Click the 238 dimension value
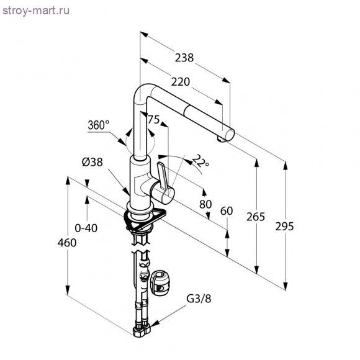(184, 58)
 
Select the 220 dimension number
(181, 82)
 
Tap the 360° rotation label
(99, 125)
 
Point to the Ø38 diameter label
(92, 163)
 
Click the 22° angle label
(200, 161)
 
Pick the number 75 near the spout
(153, 120)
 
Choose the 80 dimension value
(205, 204)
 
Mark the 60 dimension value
(227, 211)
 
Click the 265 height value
(256, 217)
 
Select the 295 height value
(284, 227)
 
